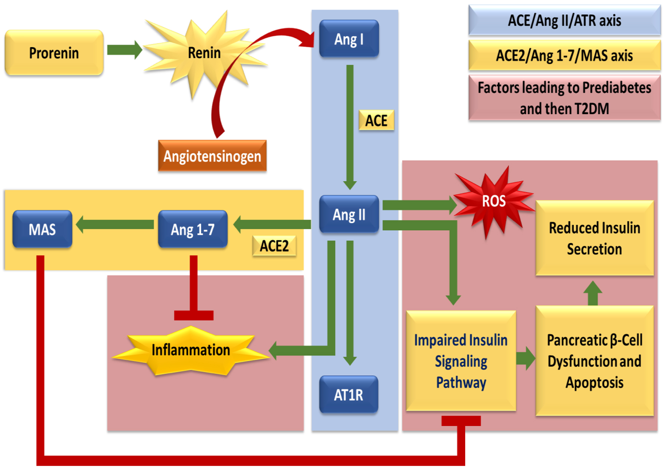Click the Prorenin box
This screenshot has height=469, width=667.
pyautogui.click(x=54, y=53)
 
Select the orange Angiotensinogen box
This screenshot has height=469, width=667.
pyautogui.click(x=212, y=156)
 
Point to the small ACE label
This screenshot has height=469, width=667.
pyautogui.click(x=376, y=120)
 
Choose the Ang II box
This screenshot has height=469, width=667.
pyautogui.click(x=349, y=215)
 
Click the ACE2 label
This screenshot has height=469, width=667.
pyautogui.click(x=274, y=246)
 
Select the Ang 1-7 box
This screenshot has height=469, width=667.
pyautogui.click(x=193, y=229)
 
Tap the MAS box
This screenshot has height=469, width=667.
pyautogui.click(x=42, y=229)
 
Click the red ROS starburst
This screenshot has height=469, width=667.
pyautogui.click(x=493, y=201)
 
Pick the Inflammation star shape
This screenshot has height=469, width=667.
pyautogui.click(x=191, y=350)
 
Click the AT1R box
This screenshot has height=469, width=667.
pyautogui.click(x=349, y=395)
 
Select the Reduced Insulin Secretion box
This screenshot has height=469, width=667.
pyautogui.click(x=594, y=238)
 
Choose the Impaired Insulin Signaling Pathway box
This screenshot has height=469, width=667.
pyautogui.click(x=461, y=361)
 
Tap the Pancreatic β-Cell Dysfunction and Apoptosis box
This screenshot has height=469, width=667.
pyautogui.click(x=594, y=361)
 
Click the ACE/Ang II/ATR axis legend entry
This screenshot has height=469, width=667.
pyautogui.click(x=564, y=20)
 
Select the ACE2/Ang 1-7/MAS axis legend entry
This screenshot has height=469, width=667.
pyautogui.click(x=564, y=55)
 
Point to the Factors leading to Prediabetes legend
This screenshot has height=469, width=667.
pyautogui.click(x=564, y=98)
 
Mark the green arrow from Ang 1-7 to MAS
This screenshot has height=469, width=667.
pyautogui.click(x=115, y=225)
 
